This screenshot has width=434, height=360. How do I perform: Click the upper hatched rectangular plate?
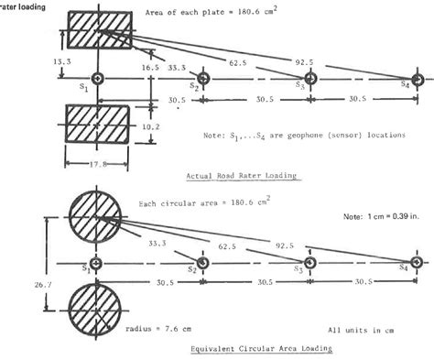[x=97, y=32]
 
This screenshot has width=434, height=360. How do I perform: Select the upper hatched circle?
[x=96, y=220]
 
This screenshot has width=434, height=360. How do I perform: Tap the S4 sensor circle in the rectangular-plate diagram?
[x=418, y=80]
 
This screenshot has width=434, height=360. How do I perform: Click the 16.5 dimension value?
[x=136, y=67]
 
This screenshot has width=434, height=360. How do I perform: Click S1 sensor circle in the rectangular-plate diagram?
[x=97, y=80]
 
